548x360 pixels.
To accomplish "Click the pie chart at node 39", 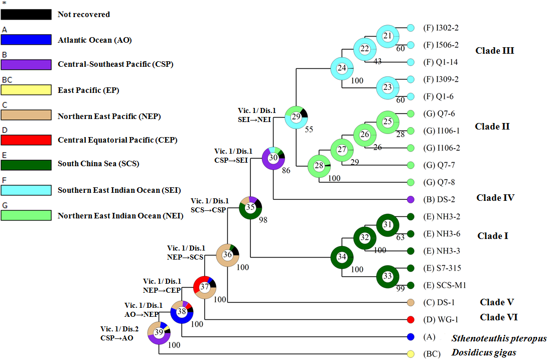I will coord(159,332).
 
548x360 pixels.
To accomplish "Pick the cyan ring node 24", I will coord(342,68).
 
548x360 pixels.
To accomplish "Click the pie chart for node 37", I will coord(205,287).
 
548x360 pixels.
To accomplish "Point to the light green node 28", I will coord(319,166).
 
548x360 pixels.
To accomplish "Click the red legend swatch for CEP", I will coord(26,140).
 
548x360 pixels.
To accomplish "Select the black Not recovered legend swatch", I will coord(26,15).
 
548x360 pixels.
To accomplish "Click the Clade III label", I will coord(494,50).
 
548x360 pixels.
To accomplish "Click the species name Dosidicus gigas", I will coord(483,352).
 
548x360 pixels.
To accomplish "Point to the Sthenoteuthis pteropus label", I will coord(499,338).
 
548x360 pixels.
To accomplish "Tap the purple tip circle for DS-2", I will coord(410,199).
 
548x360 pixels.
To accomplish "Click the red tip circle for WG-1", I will coord(410,319).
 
